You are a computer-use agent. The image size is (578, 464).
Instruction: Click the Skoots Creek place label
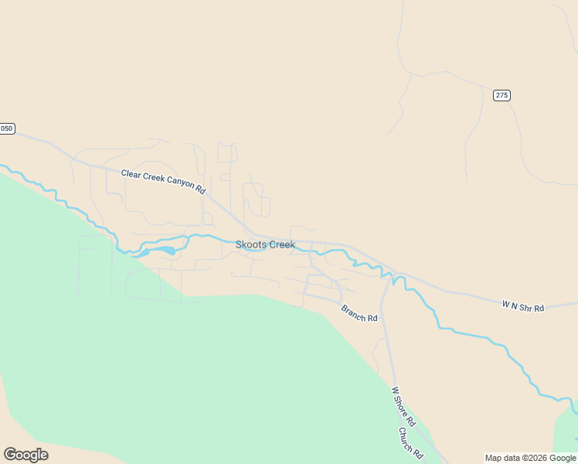[x=265, y=244]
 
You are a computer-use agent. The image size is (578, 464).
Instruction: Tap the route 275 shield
[x=501, y=95]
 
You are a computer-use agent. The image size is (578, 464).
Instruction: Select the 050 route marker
[x=6, y=128]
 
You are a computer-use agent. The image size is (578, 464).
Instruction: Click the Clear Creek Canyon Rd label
[x=163, y=182]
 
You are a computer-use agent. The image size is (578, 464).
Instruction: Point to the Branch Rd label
[x=359, y=313]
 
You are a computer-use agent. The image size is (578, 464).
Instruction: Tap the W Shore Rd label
[x=403, y=407]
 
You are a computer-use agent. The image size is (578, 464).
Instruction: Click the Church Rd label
[x=411, y=442]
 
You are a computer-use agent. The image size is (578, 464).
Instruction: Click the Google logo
[x=25, y=455]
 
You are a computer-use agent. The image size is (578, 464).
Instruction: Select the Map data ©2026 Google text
[x=530, y=458]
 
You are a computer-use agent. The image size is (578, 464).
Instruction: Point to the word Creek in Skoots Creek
[x=281, y=244]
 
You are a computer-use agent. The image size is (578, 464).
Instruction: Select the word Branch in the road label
[x=354, y=311]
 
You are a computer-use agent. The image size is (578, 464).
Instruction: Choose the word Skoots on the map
[x=250, y=244]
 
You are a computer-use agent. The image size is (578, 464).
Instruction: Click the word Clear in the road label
[x=130, y=174]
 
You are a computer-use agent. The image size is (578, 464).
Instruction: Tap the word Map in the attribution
[x=493, y=458]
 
